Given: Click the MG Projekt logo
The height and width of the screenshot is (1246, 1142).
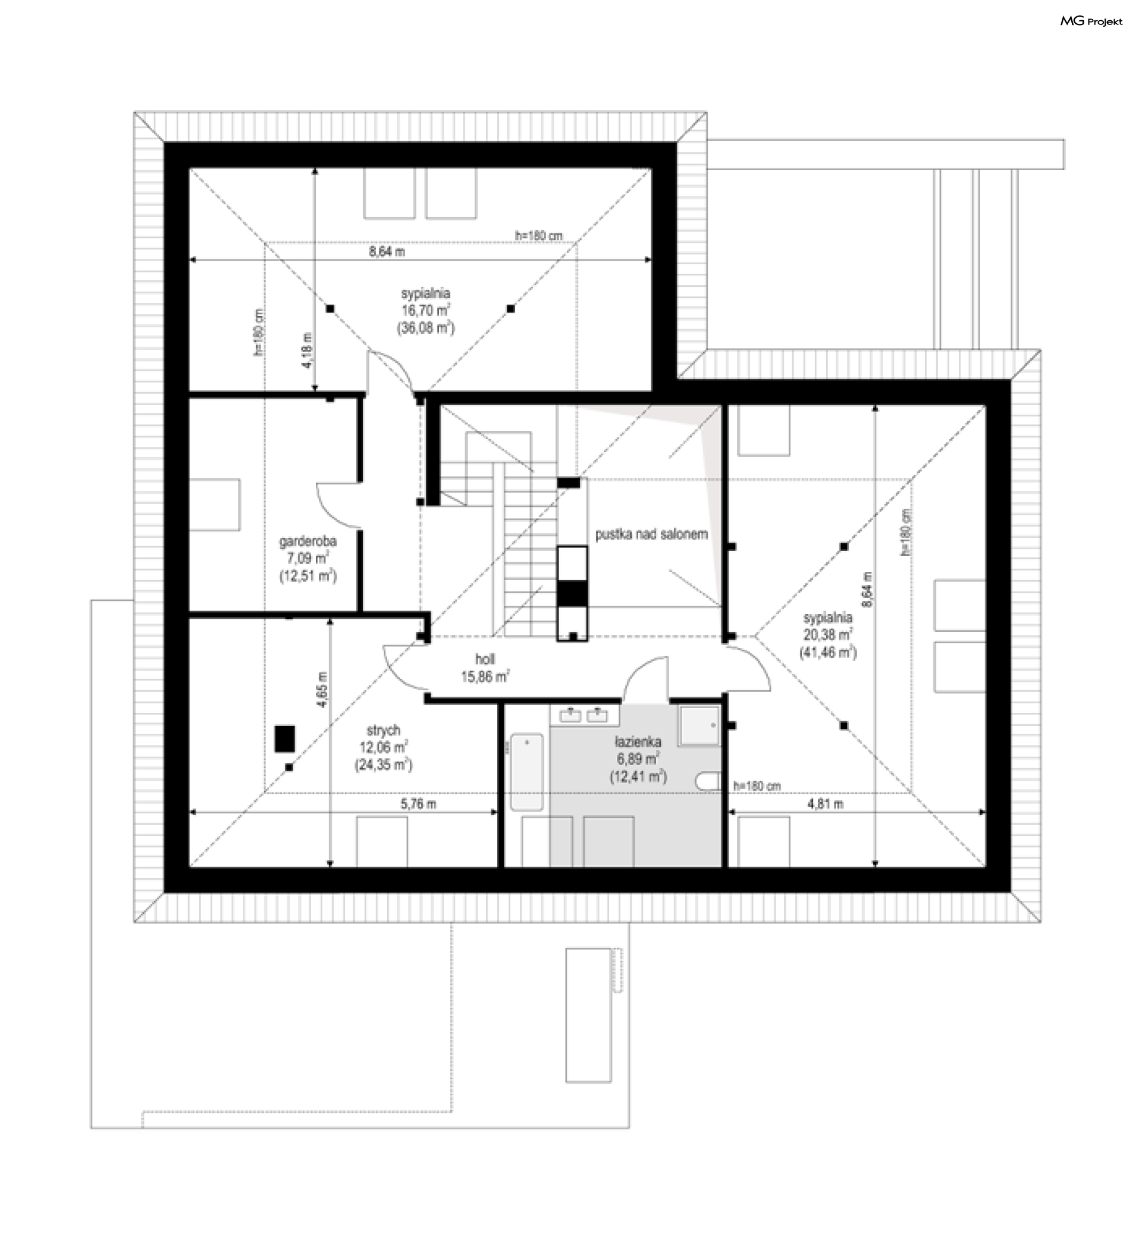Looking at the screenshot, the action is tap(1091, 21).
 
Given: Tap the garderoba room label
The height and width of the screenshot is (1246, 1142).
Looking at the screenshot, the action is tap(308, 541).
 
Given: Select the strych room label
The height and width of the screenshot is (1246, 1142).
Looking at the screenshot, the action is tap(383, 730).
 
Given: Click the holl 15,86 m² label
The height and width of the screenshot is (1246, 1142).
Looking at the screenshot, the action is tap(485, 668).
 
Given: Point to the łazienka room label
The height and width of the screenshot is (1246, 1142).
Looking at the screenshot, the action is tap(638, 741).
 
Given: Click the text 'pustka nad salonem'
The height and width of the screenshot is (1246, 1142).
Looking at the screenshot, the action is tap(651, 534).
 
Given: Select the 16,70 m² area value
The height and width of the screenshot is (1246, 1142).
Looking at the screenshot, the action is tap(426, 310).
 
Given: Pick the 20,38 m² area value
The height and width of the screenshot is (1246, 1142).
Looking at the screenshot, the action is tap(828, 634).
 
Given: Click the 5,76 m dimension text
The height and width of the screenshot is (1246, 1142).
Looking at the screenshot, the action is tap(418, 803).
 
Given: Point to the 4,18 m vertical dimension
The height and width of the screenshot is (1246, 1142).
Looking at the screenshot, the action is tap(308, 350).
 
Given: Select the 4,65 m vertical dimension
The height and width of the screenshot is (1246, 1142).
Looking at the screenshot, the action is tap(322, 689).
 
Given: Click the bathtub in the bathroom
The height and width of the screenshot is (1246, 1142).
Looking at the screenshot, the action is tap(526, 772).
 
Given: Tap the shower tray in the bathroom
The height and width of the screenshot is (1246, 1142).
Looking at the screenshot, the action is tap(699, 725).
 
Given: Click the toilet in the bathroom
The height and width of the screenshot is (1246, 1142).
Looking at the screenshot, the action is tap(709, 781).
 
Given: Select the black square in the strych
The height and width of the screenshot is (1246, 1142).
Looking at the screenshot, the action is tap(285, 738).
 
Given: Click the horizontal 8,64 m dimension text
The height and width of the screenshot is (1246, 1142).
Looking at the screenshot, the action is tap(387, 252).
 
